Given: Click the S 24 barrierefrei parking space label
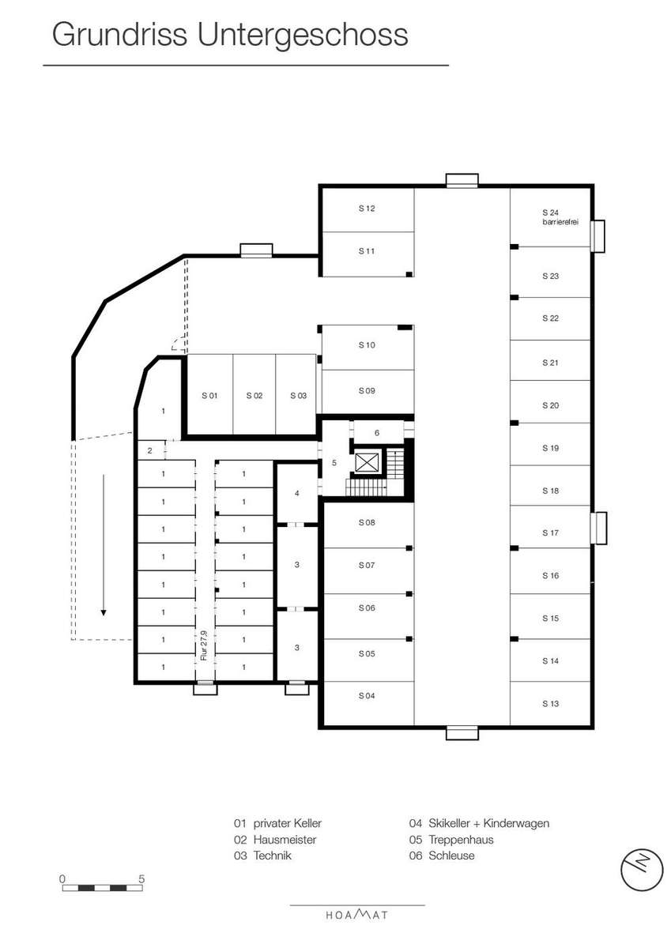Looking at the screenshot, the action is pyautogui.click(x=560, y=217).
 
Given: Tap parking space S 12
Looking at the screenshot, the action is pyautogui.click(x=368, y=210).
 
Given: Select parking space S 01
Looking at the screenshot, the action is pyautogui.click(x=210, y=394).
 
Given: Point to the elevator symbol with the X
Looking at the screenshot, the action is pyautogui.click(x=367, y=463).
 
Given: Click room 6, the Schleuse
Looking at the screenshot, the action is pyautogui.click(x=377, y=433).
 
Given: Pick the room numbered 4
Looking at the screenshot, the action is pyautogui.click(x=297, y=493).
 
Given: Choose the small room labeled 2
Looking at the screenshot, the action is pyautogui.click(x=150, y=451).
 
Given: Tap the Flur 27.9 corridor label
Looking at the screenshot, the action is pyautogui.click(x=205, y=645).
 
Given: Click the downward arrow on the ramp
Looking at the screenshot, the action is pyautogui.click(x=104, y=545).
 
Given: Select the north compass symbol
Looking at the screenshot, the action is pyautogui.click(x=642, y=870).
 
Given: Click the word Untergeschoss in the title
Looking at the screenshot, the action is pyautogui.click(x=303, y=35).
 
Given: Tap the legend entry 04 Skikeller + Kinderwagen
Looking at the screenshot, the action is pyautogui.click(x=479, y=823).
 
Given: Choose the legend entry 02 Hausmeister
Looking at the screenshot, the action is pyautogui.click(x=275, y=840).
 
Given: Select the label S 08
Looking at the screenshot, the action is pyautogui.click(x=367, y=523).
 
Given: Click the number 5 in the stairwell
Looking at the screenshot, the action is pyautogui.click(x=334, y=463).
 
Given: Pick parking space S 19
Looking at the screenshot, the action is pyautogui.click(x=550, y=444).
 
